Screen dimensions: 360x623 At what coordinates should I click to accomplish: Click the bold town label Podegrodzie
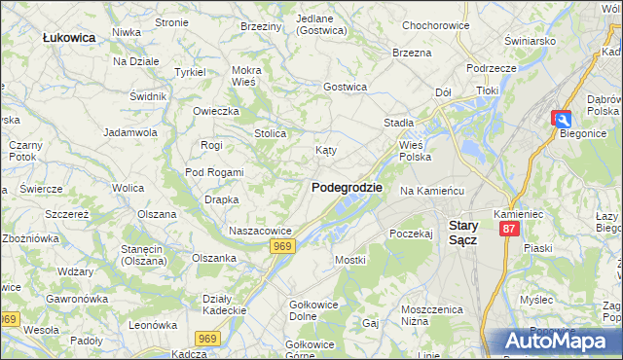[x=347, y=188]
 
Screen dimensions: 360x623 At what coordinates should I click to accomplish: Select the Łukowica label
[x=69, y=37]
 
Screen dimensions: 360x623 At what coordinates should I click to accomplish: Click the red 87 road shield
[x=508, y=228]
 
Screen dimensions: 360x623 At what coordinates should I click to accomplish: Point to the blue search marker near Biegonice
[x=563, y=118]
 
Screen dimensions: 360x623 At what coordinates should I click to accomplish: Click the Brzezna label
[x=412, y=53]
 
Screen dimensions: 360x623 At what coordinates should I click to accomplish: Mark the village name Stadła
[x=398, y=123]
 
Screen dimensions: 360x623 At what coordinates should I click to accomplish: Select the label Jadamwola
[x=130, y=131]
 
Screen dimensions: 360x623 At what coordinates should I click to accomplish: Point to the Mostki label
[x=349, y=260]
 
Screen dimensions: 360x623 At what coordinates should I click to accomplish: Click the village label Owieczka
[x=215, y=111]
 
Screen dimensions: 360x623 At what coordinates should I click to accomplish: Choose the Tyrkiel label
[x=189, y=72]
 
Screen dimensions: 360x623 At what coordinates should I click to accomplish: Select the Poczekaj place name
[x=410, y=234]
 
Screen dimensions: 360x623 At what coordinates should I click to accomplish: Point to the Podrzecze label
[x=491, y=68]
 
